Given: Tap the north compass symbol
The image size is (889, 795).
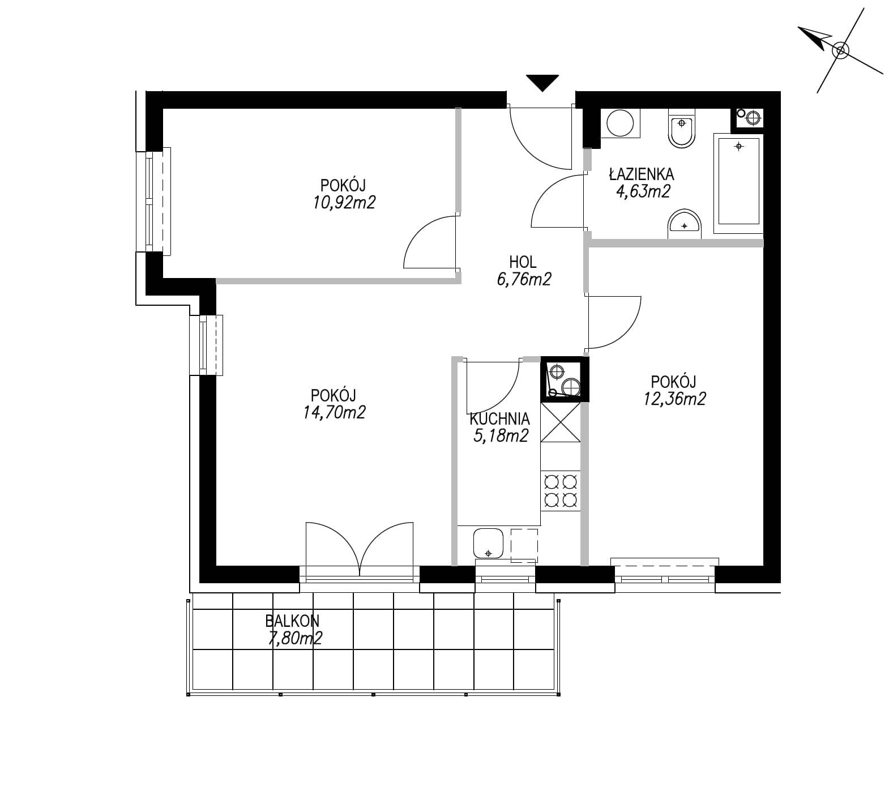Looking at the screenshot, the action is coord(840,50).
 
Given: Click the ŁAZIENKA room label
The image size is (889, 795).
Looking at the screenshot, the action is coord(642,173).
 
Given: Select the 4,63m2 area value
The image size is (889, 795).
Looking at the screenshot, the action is coord(643,191).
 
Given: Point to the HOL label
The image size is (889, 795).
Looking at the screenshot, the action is coord(523,262).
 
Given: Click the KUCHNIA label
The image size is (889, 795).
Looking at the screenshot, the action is coord(500,419).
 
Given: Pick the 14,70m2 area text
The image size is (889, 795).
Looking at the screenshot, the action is coord(334,412).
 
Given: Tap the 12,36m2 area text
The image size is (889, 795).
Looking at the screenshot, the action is coord(674,399).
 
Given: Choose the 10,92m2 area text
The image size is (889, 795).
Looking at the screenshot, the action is coord(344,202).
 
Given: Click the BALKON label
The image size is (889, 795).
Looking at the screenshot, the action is coord(292,621).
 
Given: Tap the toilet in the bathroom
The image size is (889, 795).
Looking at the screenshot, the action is coord(682,130).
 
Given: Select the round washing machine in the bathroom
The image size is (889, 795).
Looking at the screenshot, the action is coord(620,123).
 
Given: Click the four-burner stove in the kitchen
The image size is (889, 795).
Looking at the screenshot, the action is coord(561,490).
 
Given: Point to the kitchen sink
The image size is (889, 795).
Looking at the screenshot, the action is coord(489,543).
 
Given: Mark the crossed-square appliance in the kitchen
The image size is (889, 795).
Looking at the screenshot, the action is coord(561,422).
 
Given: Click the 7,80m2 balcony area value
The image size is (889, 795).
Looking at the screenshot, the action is coord(295,638).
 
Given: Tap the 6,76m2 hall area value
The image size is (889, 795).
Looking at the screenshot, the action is coord(523,279).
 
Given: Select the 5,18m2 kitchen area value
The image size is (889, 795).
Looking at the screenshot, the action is coord(501,435).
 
